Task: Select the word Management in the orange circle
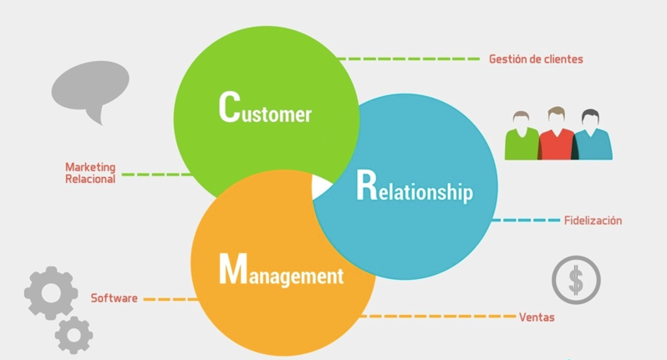[x=281, y=271]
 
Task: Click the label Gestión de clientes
[x=536, y=59]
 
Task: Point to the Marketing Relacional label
[x=90, y=173]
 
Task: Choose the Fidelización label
[x=593, y=221]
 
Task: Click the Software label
[x=114, y=298]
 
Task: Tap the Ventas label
[x=537, y=317]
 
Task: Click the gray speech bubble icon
[x=90, y=89]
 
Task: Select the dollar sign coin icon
[x=576, y=280]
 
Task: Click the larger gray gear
[x=51, y=292]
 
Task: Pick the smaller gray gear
[x=74, y=335]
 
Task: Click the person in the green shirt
[x=522, y=136]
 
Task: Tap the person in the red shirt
[x=557, y=134]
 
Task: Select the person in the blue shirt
[x=592, y=136]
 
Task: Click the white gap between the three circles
[x=321, y=186]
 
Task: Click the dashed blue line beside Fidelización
[x=527, y=221]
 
